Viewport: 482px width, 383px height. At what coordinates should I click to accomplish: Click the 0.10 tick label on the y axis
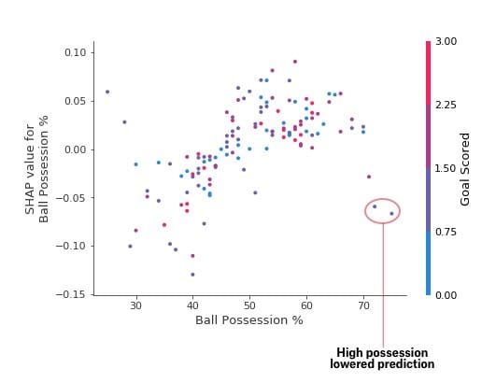(x=75, y=52)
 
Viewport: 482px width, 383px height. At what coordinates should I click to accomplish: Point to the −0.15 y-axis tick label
(x=71, y=294)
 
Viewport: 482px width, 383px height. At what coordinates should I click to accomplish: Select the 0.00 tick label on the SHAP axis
(x=75, y=149)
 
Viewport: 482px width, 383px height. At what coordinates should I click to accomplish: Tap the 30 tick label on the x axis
(x=136, y=305)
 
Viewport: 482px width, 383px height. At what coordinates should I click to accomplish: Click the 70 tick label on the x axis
(x=363, y=305)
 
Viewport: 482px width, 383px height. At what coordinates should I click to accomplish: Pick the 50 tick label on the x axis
(x=249, y=305)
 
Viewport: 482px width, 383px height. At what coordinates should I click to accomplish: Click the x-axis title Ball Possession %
(x=249, y=320)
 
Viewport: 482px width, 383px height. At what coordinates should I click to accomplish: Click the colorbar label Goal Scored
(x=464, y=169)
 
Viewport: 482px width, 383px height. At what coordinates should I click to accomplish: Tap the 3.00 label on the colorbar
(x=446, y=41)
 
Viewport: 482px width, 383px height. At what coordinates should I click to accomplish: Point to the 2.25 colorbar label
(x=446, y=105)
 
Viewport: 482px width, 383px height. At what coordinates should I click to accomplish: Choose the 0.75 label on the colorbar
(x=446, y=232)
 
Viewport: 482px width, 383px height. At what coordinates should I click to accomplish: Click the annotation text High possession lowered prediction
(x=382, y=359)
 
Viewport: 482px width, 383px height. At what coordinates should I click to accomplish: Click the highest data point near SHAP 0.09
(x=295, y=62)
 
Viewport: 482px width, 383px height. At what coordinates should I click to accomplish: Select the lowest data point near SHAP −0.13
(x=192, y=275)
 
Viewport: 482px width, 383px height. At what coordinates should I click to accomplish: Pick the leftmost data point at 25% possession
(x=107, y=92)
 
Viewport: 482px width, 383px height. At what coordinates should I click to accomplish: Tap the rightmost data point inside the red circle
(x=391, y=214)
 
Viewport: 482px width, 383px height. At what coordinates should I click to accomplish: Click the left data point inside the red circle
(x=375, y=206)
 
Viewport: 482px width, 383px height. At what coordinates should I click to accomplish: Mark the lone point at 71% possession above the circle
(x=369, y=177)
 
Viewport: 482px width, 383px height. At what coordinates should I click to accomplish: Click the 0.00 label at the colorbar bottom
(x=446, y=295)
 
